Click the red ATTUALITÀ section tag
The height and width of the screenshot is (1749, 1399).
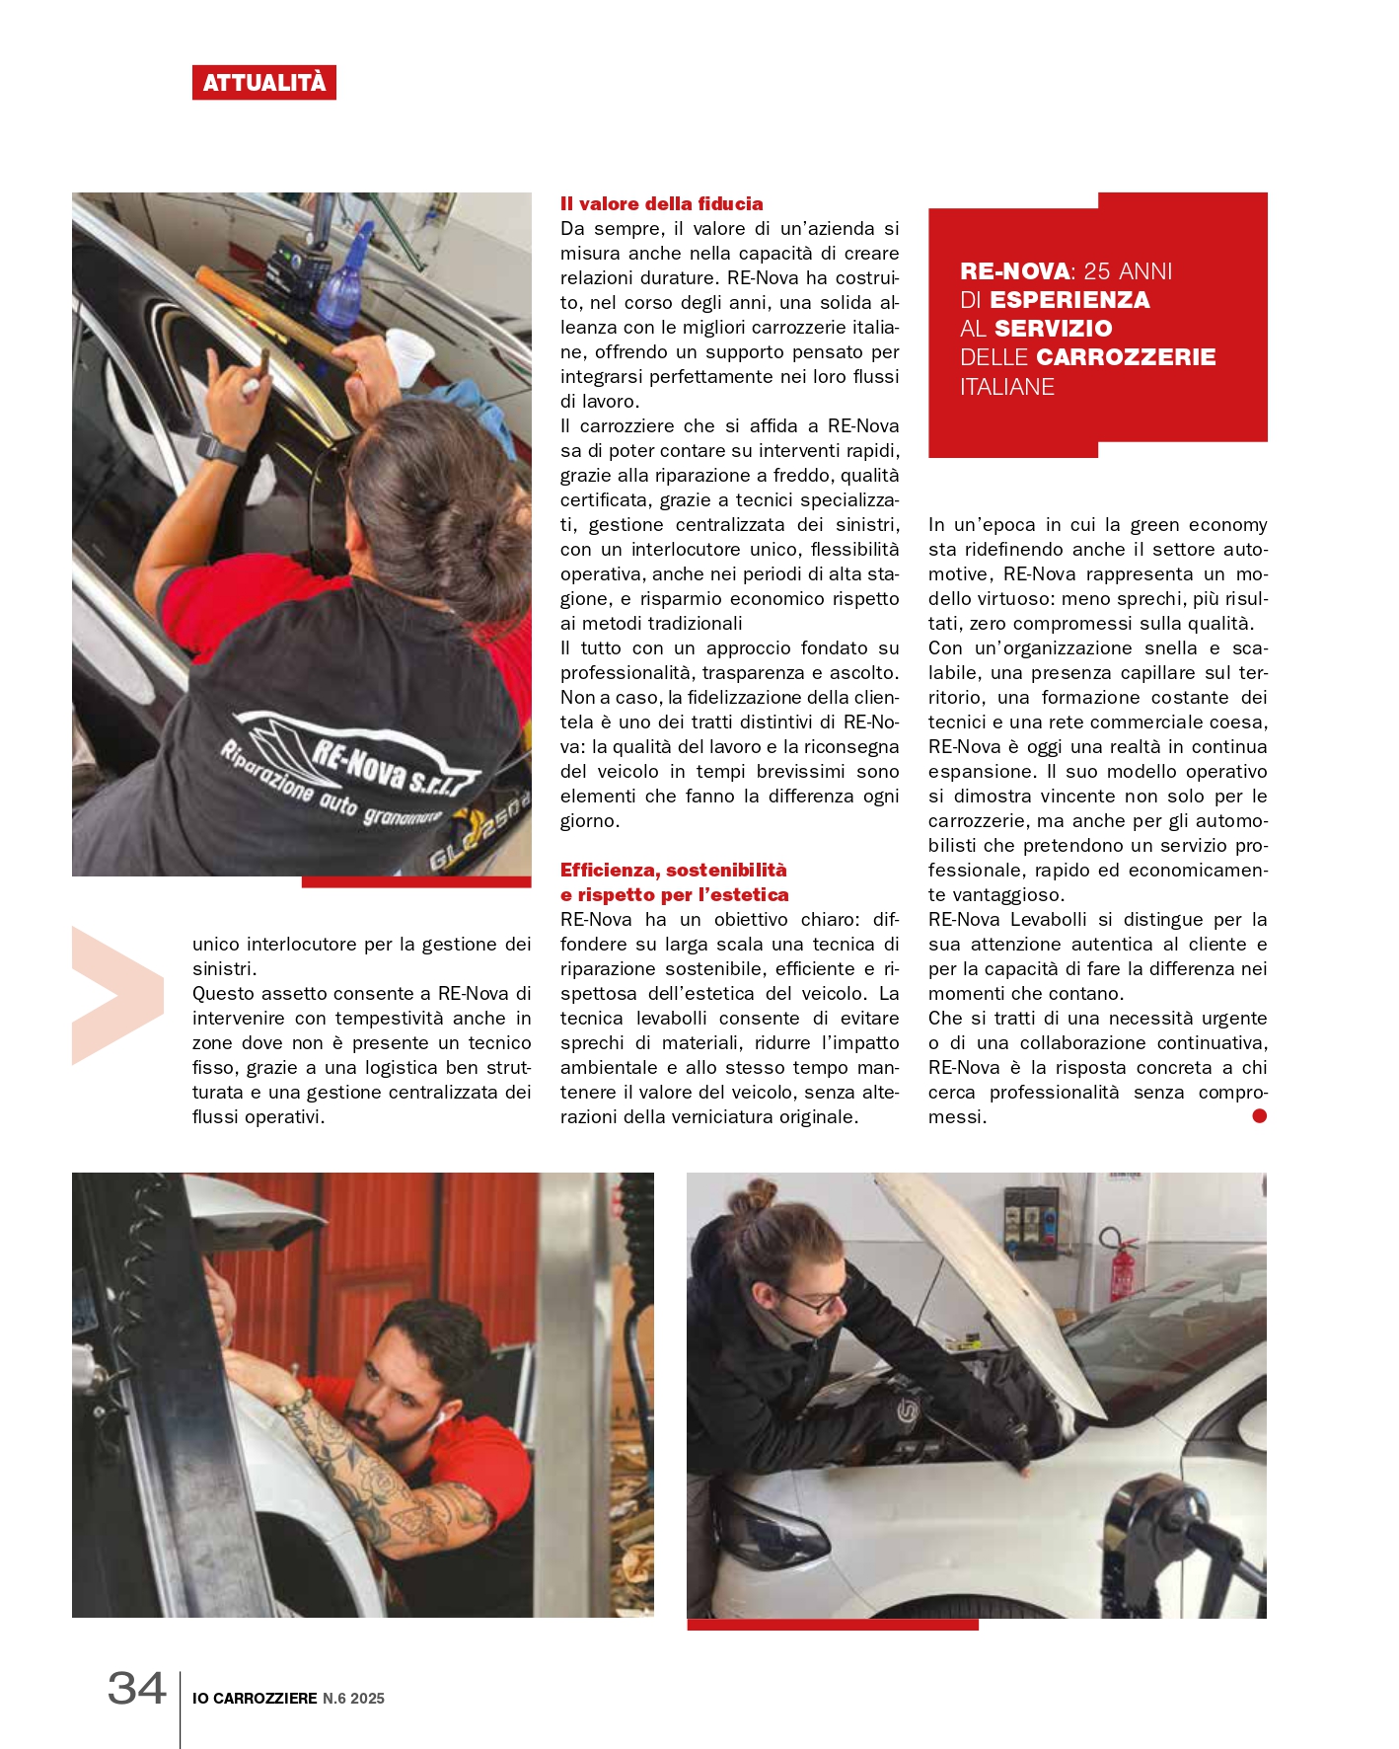tap(263, 83)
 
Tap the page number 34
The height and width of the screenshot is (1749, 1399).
tap(136, 1689)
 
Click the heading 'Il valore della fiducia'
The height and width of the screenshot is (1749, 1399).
tap(661, 204)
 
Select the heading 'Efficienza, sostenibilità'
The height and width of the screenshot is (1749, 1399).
tap(673, 871)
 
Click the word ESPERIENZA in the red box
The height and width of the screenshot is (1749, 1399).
tap(1069, 300)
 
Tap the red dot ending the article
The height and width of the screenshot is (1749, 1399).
tap(1259, 1116)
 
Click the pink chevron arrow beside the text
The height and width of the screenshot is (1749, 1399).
tap(116, 995)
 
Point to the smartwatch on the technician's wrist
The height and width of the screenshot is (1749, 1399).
tap(221, 448)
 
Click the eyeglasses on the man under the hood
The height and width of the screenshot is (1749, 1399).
tap(818, 1300)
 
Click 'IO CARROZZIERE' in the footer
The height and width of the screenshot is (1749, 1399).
tap(255, 1699)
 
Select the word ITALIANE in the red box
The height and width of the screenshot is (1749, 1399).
tap(1007, 387)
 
